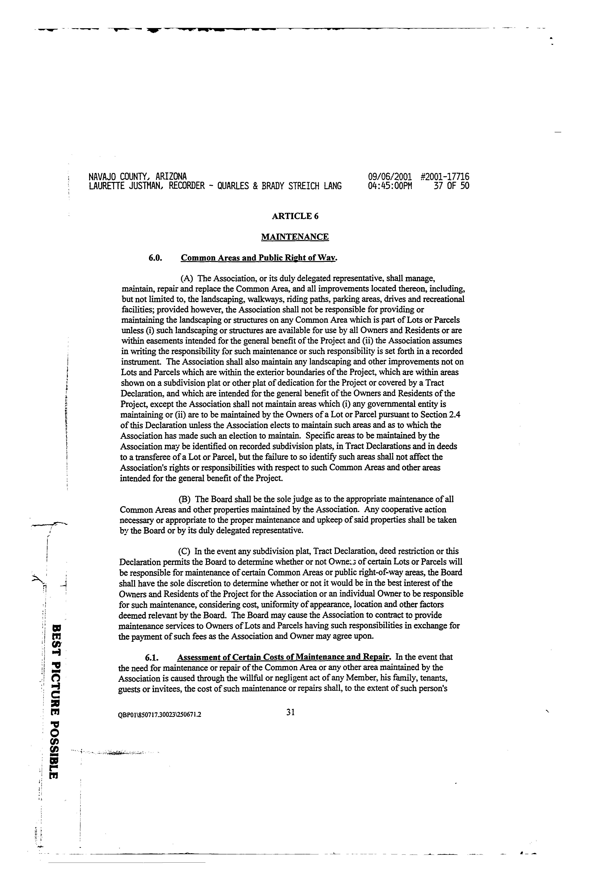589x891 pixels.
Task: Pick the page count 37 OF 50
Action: coord(451,186)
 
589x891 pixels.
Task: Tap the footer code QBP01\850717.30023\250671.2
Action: coord(160,715)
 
